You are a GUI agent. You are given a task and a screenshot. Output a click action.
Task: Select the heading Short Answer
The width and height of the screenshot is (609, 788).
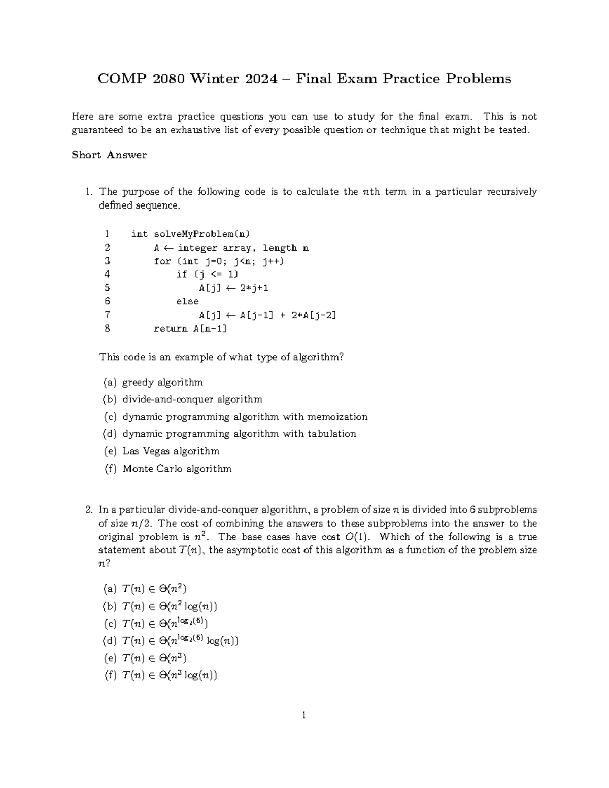pyautogui.click(x=109, y=155)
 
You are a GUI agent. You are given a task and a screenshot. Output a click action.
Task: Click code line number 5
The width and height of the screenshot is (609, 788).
pyautogui.click(x=107, y=288)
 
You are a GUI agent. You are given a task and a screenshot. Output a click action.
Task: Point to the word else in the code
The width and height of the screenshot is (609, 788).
pyautogui.click(x=187, y=301)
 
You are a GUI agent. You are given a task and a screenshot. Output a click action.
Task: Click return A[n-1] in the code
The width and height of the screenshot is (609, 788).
pyautogui.click(x=190, y=328)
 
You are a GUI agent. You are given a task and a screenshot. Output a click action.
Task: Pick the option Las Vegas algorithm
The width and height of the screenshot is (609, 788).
pyautogui.click(x=171, y=451)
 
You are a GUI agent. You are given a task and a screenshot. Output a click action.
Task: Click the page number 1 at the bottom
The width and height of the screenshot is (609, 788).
pyautogui.click(x=304, y=716)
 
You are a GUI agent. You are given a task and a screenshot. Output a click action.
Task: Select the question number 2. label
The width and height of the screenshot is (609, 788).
pyautogui.click(x=89, y=510)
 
